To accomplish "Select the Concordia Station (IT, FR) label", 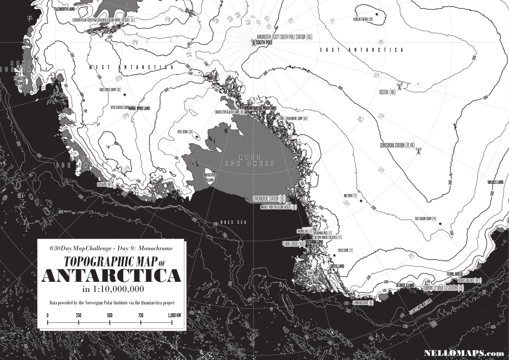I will coord(397,145).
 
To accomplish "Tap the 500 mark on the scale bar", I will coord(110,315).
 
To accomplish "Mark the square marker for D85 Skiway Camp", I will coord(440,224).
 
